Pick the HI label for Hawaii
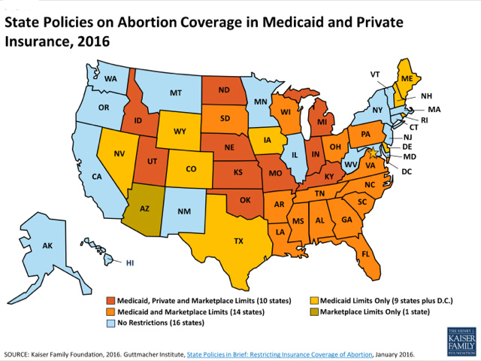click(129, 262)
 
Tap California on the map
click(97, 177)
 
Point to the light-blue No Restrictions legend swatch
click(110, 323)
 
